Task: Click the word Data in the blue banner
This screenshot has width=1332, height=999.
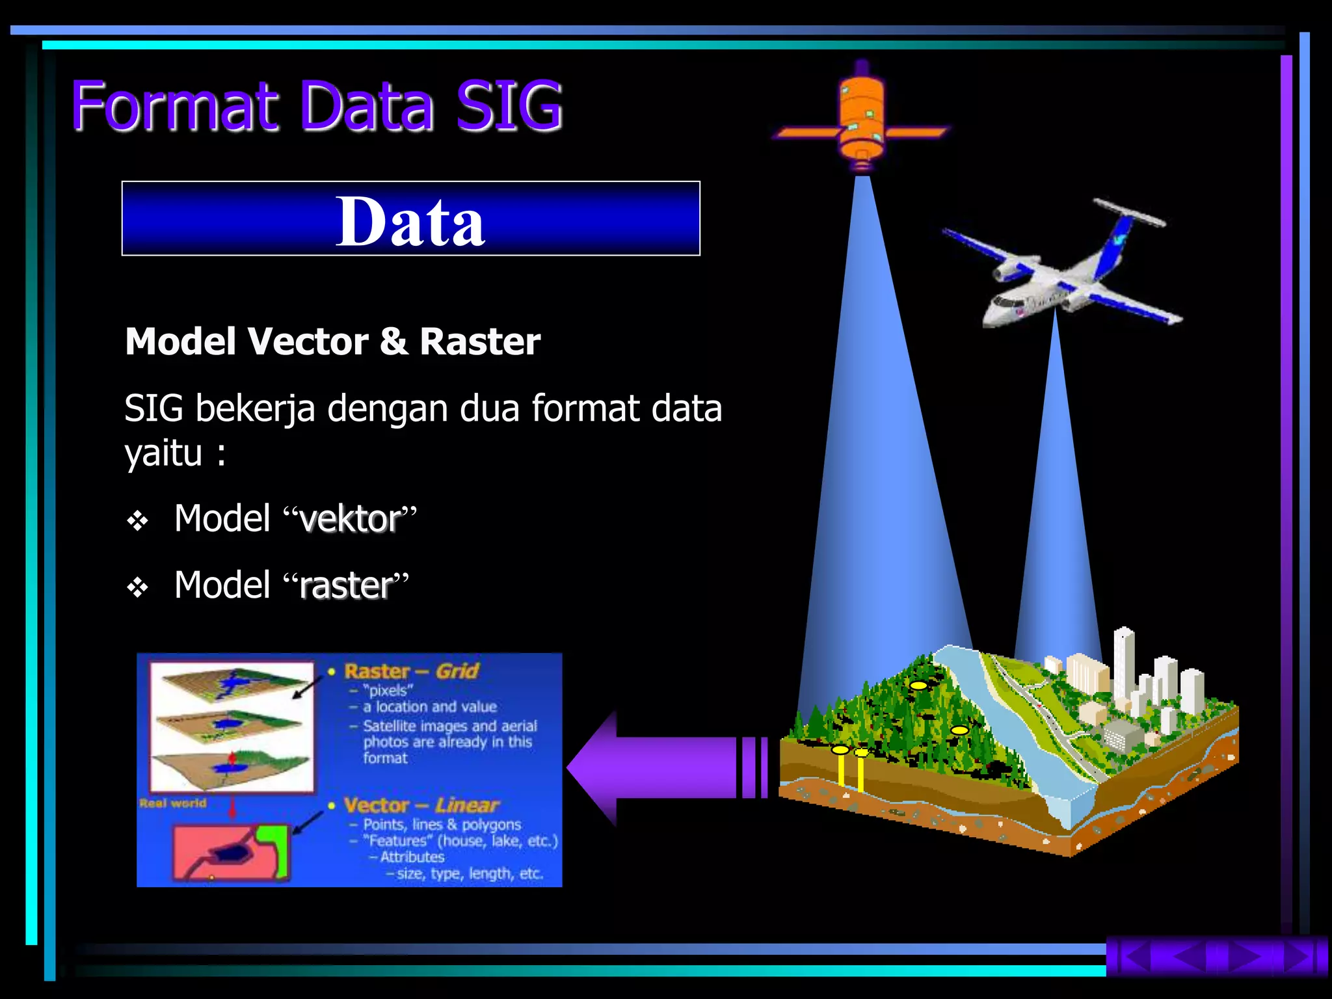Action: pyautogui.click(x=410, y=221)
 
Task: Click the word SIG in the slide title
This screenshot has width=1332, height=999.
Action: pyautogui.click(x=509, y=106)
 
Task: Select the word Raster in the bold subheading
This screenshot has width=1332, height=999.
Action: pyautogui.click(x=480, y=341)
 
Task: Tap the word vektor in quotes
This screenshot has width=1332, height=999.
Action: pyautogui.click(x=350, y=519)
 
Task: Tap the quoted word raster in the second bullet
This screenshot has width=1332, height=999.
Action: pyautogui.click(x=346, y=585)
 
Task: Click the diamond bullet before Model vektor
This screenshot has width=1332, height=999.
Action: pyautogui.click(x=138, y=521)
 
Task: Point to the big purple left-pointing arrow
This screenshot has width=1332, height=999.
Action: pyautogui.click(x=663, y=767)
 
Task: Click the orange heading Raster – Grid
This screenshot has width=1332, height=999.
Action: pyautogui.click(x=411, y=671)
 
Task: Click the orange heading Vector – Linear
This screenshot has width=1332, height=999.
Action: pyautogui.click(x=421, y=805)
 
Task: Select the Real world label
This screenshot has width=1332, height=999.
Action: pyautogui.click(x=172, y=803)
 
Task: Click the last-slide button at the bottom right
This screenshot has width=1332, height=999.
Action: pyautogui.click(x=1303, y=957)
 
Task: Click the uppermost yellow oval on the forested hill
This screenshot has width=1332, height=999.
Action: pyautogui.click(x=918, y=685)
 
